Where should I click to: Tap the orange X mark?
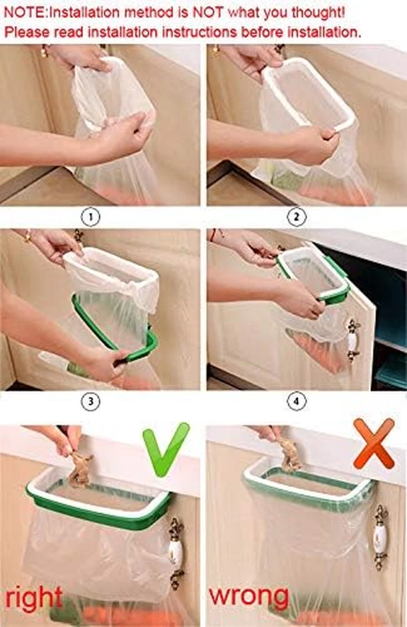[x=374, y=443]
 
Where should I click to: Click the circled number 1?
[x=90, y=218]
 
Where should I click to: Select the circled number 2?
[x=296, y=218]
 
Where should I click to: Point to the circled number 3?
[x=90, y=401]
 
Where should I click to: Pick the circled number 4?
[x=296, y=401]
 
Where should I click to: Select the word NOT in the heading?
[x=208, y=13]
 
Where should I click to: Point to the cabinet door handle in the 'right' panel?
[x=176, y=553]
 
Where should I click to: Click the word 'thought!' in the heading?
[x=317, y=13]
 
